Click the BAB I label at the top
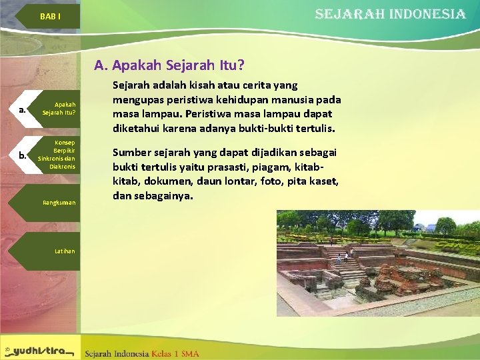50,16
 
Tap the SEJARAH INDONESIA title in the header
390,14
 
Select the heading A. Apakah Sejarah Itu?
169,65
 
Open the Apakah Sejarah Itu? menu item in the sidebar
59,109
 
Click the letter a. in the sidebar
23,109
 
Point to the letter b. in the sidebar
23,155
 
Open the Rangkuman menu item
59,202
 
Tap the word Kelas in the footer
163,353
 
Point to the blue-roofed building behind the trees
421,228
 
